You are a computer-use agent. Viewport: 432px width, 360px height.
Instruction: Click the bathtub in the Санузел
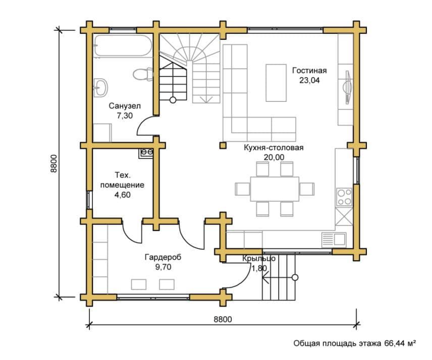[123, 46]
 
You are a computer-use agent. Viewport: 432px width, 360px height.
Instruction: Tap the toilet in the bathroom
[143, 74]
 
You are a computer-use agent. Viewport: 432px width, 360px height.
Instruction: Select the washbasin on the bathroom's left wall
[100, 88]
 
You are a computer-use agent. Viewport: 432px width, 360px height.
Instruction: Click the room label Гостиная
[309, 71]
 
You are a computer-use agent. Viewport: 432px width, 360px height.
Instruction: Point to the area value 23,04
[309, 80]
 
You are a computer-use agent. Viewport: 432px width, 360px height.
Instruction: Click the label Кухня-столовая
[274, 148]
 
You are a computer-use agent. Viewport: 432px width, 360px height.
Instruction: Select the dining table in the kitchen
[275, 189]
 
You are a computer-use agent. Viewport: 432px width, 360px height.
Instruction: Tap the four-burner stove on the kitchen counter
[344, 197]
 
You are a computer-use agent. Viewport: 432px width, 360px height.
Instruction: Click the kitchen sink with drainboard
[334, 239]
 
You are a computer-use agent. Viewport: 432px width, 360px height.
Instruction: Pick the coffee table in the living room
[276, 83]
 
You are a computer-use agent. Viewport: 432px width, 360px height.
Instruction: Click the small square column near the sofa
[223, 145]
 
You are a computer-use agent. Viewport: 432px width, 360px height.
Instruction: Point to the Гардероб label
[163, 257]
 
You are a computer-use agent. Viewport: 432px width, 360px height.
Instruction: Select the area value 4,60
[122, 195]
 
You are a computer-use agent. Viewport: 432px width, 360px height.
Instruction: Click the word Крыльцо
[259, 259]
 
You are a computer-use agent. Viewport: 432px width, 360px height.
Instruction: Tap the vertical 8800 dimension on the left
[53, 163]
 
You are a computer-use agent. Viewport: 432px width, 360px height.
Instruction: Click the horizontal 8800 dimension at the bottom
[223, 319]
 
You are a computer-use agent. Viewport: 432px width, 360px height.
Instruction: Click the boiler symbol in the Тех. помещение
[146, 153]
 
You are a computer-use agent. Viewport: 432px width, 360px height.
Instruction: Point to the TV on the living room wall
[347, 88]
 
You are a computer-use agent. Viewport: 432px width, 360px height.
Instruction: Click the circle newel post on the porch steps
[295, 277]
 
